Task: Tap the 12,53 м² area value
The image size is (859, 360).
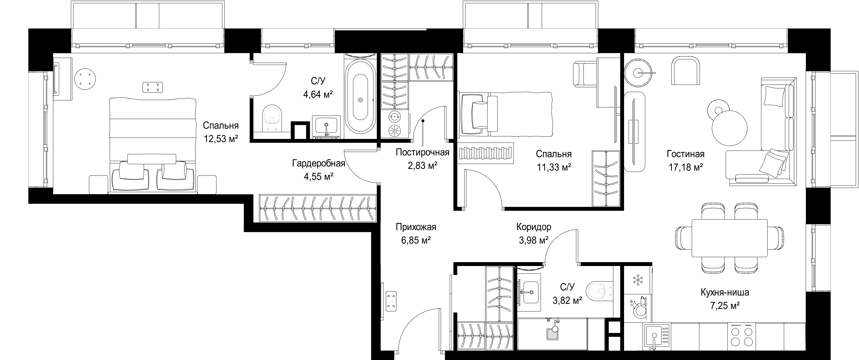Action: click(221, 139)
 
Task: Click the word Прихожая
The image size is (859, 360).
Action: click(416, 227)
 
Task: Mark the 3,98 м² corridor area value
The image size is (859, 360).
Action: click(534, 240)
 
